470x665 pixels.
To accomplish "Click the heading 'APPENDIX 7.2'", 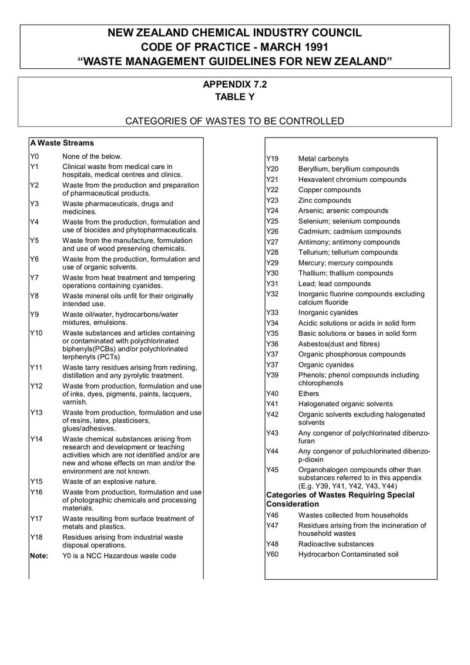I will (x=234, y=84).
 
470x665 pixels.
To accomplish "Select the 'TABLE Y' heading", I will (x=234, y=97).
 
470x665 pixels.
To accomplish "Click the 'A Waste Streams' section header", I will (x=62, y=143).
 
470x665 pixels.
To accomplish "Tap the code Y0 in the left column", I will (x=34, y=156).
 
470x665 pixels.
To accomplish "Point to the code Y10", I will (x=36, y=333).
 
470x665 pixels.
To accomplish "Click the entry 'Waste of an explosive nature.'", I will (x=109, y=482).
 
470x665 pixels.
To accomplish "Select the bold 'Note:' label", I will (x=39, y=556).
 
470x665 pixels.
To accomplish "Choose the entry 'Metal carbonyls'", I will (x=323, y=159).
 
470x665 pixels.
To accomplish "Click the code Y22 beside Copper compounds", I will (x=272, y=190).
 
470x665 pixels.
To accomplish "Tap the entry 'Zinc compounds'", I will (x=324, y=200).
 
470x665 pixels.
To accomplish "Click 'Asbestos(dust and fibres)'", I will (x=339, y=344).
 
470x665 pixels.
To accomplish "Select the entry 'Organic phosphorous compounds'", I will (x=352, y=354).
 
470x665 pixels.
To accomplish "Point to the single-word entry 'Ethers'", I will (x=308, y=393).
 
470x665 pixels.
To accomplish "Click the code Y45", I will (x=272, y=470).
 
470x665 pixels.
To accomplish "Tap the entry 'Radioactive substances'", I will (x=336, y=544).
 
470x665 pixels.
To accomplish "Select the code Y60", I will (x=272, y=554).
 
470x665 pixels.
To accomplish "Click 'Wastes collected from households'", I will (x=353, y=515).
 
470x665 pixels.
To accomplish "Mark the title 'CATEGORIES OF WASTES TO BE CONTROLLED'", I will (x=235, y=121).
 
